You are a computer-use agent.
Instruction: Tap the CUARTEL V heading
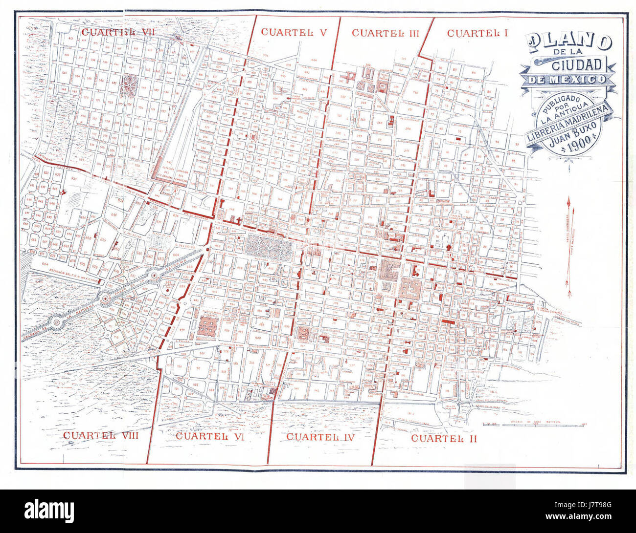pos(294,32)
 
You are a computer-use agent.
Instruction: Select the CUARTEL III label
pos(386,33)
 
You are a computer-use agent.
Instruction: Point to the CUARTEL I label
pos(477,33)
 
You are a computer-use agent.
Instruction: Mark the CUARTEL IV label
pos(320,436)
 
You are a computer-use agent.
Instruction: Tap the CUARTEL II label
pos(444,438)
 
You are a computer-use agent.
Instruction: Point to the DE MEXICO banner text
pos(569,80)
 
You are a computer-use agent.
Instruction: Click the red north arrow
pos(569,247)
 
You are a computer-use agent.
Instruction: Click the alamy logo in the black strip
pos(49,511)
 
